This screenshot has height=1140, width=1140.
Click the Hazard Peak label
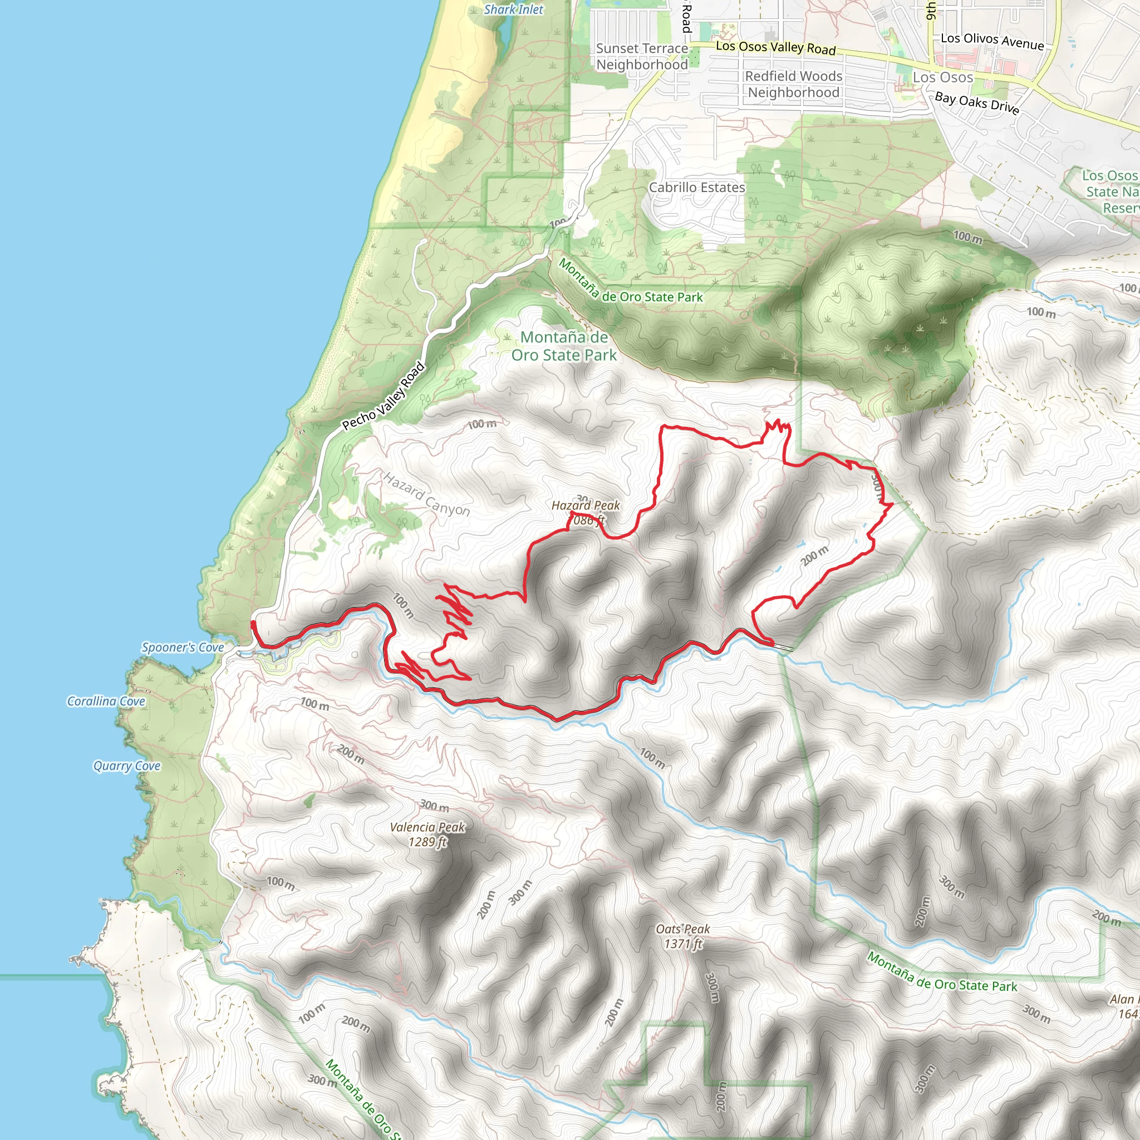pyautogui.click(x=586, y=505)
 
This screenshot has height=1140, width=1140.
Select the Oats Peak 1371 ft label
pyautogui.click(x=682, y=936)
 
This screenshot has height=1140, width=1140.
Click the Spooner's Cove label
pyautogui.click(x=183, y=647)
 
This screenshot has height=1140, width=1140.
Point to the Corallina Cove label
pyautogui.click(x=106, y=701)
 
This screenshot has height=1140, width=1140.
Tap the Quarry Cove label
pyautogui.click(x=127, y=766)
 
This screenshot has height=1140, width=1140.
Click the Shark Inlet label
pyautogui.click(x=513, y=9)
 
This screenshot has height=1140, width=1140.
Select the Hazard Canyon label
pyautogui.click(x=426, y=494)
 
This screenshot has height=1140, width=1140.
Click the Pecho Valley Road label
pyautogui.click(x=384, y=396)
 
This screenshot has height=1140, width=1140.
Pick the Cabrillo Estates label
pyautogui.click(x=697, y=188)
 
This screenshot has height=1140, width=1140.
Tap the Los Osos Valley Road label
pyautogui.click(x=775, y=48)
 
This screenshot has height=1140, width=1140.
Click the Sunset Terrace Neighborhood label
pyautogui.click(x=642, y=57)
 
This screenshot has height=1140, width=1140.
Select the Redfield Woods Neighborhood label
pyautogui.click(x=794, y=85)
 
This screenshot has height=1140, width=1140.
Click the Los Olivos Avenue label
pyautogui.click(x=992, y=41)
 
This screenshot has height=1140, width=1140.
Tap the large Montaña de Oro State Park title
pyautogui.click(x=563, y=346)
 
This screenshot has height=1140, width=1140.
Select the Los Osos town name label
pyautogui.click(x=942, y=78)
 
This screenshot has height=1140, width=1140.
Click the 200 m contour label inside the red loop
pyautogui.click(x=815, y=556)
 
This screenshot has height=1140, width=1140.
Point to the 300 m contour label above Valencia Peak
pyautogui.click(x=434, y=806)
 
